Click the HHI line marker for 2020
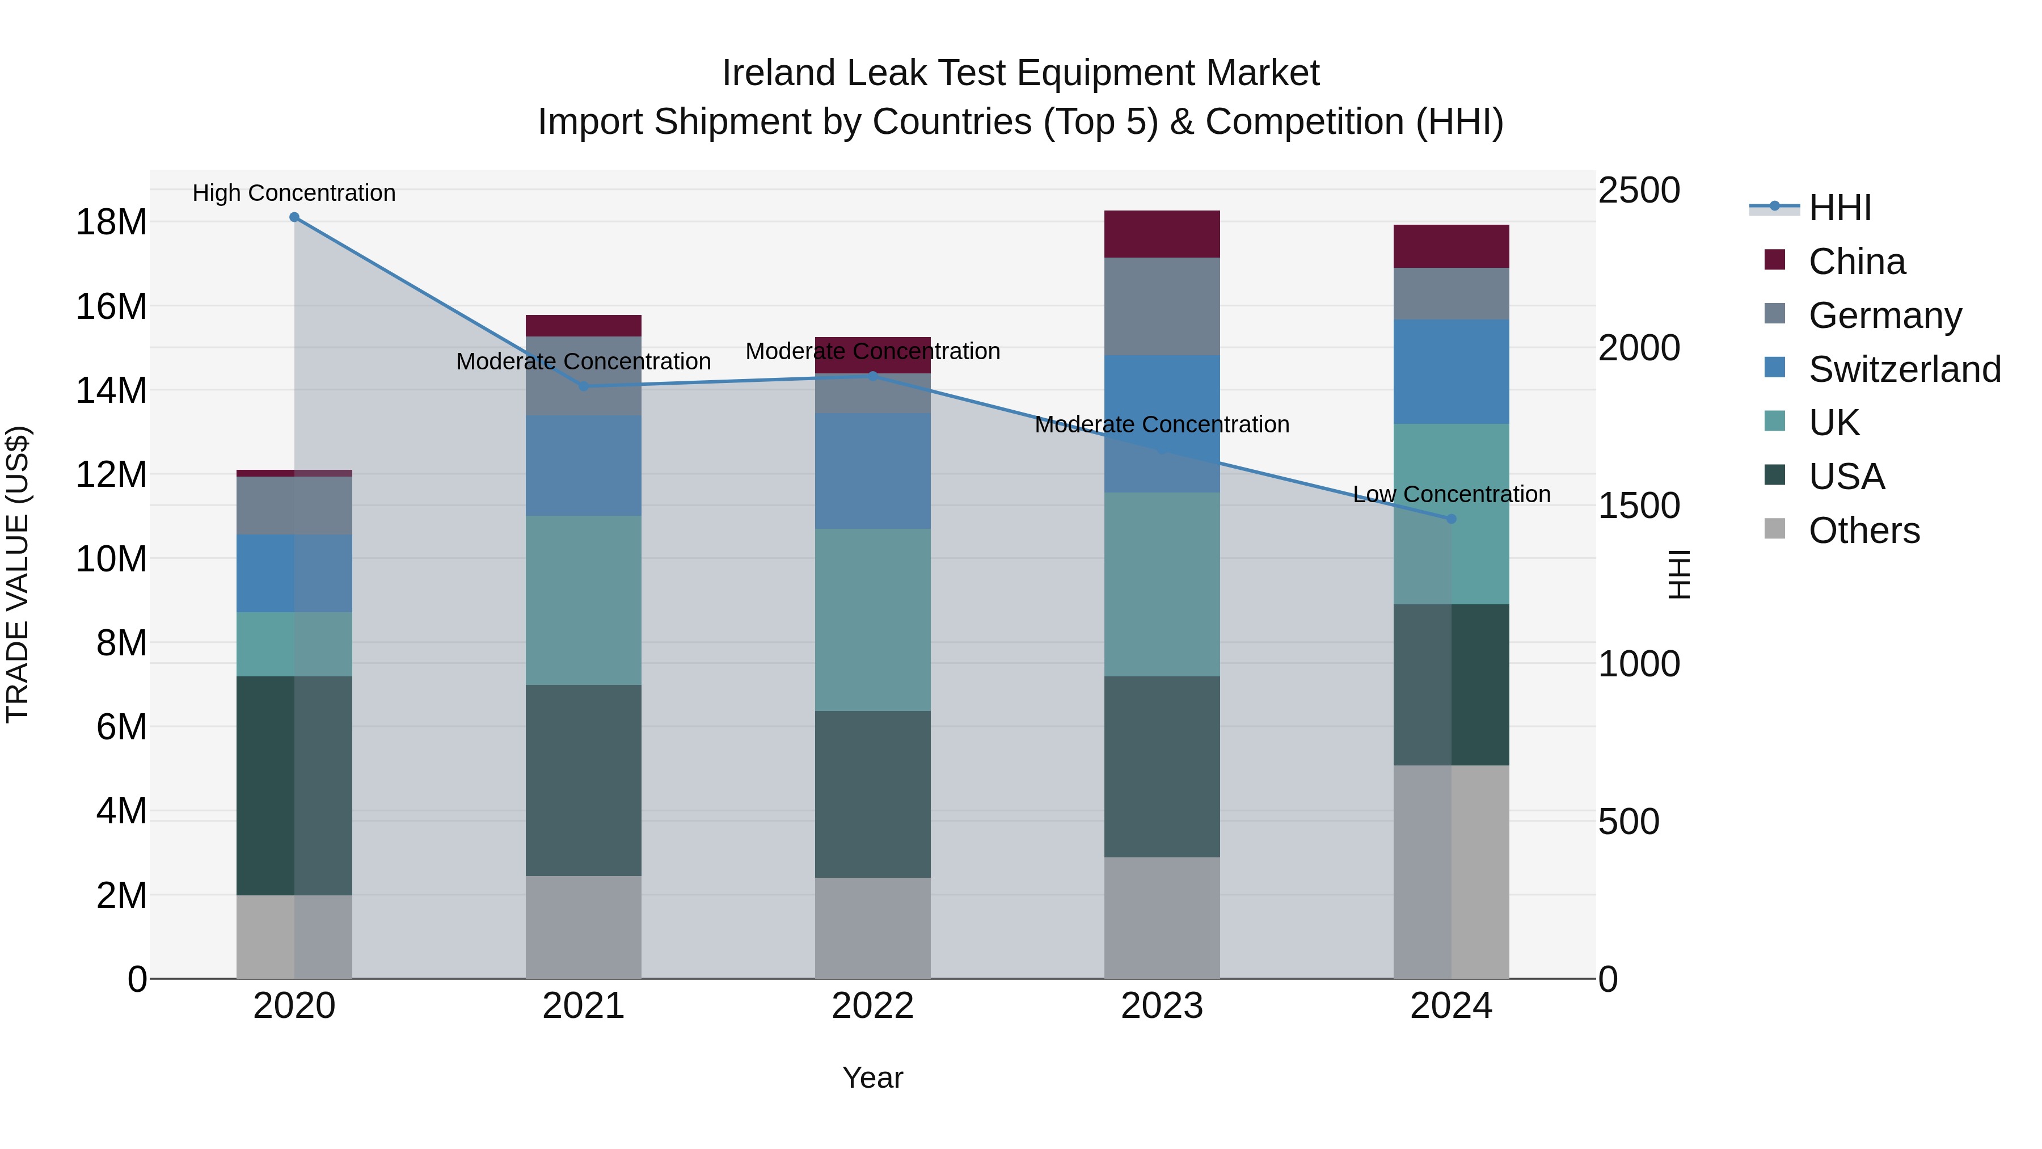point(294,217)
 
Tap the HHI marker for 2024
point(1452,519)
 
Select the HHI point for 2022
point(873,376)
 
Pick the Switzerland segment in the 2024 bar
point(1452,371)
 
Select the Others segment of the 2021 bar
point(584,927)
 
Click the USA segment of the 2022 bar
point(873,794)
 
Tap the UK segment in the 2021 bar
point(584,600)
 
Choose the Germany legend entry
point(1884,315)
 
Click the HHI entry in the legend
point(1839,208)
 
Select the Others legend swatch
point(1775,529)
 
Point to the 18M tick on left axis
point(111,222)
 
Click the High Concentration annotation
point(294,193)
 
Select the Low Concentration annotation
point(1452,494)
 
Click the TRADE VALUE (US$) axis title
point(18,574)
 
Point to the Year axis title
point(873,1078)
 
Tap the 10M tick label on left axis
point(111,559)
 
